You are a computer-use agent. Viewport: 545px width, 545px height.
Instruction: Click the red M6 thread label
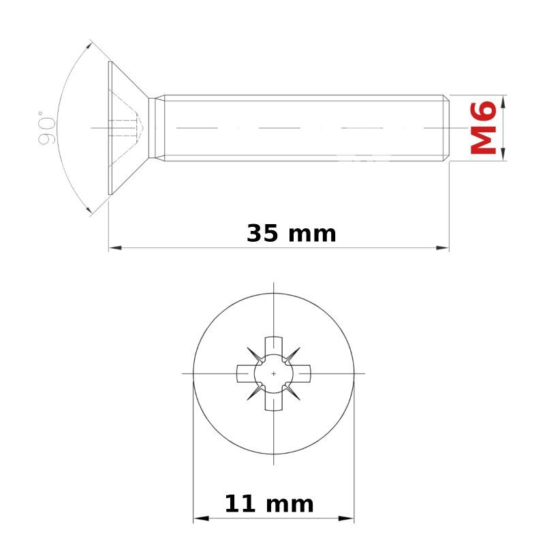(x=483, y=127)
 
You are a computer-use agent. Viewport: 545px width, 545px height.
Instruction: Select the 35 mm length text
(x=292, y=234)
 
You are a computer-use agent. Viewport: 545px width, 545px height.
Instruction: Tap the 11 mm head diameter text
(x=269, y=504)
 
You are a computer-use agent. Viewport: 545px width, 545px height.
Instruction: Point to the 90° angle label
(x=46, y=127)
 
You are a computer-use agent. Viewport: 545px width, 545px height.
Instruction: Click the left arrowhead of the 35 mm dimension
(x=115, y=248)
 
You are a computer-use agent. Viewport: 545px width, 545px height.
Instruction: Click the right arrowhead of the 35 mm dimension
(x=442, y=248)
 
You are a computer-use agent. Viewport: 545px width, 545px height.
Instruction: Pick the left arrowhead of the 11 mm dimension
(x=201, y=518)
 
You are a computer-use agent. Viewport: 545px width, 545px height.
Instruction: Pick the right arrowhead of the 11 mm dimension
(x=346, y=518)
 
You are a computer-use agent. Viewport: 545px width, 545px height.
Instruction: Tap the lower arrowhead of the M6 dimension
(x=504, y=154)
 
